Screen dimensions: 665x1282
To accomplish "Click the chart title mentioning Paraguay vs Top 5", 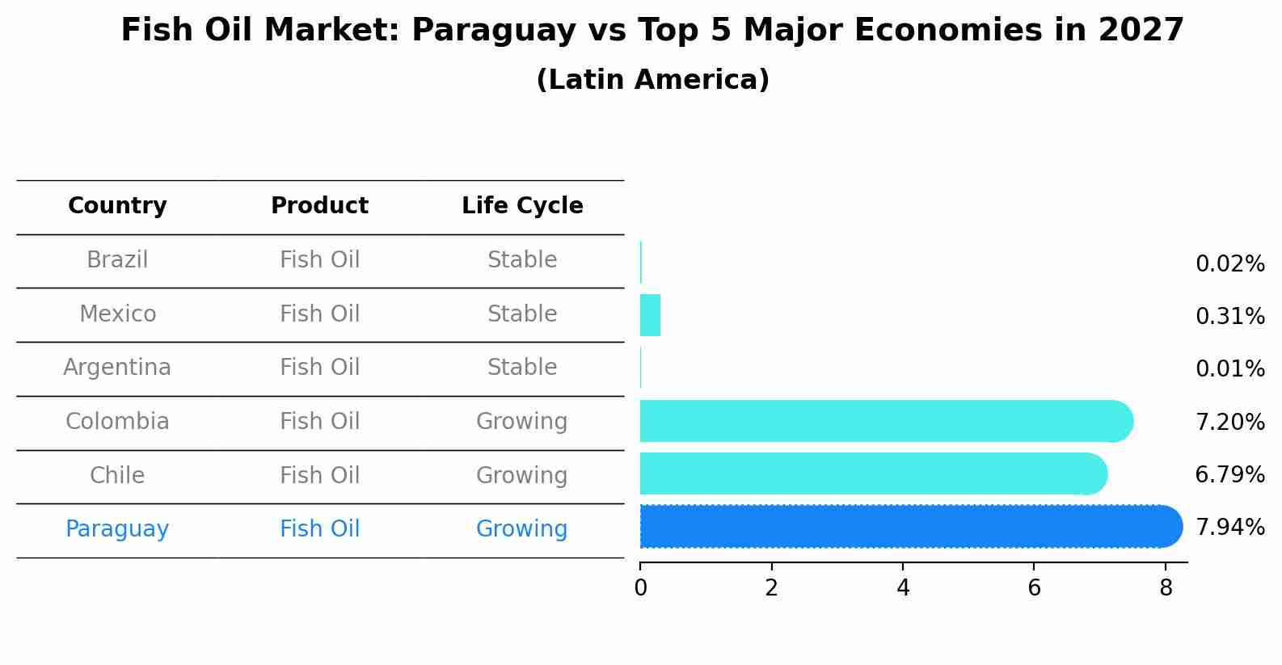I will [652, 31].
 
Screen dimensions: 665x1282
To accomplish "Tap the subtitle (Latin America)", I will [652, 80].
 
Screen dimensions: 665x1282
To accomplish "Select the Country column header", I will [117, 206].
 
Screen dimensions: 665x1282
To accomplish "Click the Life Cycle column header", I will [522, 206].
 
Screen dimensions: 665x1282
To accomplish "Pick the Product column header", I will [319, 206].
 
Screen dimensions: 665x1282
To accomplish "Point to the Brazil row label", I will [117, 260].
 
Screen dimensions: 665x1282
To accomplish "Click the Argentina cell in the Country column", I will [117, 368].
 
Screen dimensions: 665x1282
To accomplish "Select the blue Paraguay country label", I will [117, 529].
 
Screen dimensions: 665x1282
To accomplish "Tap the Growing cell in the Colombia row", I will [522, 422].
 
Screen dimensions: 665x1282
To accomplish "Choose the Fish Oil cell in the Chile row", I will [319, 476].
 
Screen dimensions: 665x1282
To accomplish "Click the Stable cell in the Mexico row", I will [522, 314].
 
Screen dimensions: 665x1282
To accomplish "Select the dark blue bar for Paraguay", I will [905, 527].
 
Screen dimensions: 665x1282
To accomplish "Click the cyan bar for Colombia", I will [881, 421].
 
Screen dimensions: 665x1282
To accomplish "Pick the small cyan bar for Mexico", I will [650, 315].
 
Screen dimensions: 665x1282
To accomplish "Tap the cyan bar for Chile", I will [869, 473].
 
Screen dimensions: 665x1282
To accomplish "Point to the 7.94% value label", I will [1229, 528].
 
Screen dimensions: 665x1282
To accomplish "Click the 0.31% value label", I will [1229, 317].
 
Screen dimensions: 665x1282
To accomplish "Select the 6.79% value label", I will [1229, 475].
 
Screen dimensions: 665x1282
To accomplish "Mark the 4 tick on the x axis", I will [903, 588].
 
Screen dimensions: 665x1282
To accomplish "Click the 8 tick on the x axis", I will [1165, 588].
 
